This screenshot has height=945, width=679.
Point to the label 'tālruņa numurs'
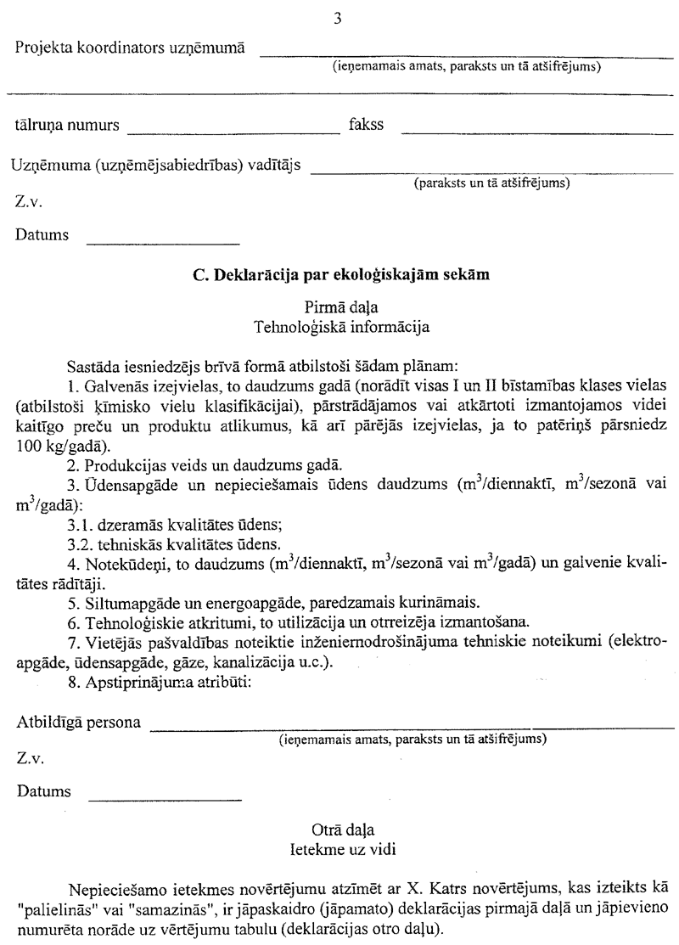(65, 126)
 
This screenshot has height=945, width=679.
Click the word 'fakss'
(367, 126)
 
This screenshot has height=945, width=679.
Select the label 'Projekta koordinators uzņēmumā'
(131, 48)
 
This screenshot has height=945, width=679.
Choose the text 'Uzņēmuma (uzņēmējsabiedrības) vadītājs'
(157, 163)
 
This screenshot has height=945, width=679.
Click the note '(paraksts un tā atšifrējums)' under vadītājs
(491, 183)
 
